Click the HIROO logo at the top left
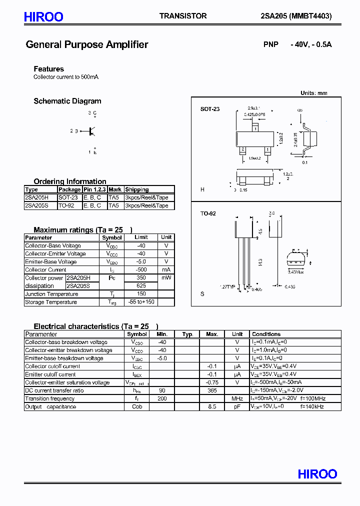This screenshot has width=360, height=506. pos(43,17)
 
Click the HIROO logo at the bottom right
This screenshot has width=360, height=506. pos(317,473)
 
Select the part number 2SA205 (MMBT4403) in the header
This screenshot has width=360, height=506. pos(296,16)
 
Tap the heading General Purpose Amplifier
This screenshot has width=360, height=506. pos(87,44)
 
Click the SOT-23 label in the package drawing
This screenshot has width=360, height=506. pos(210,109)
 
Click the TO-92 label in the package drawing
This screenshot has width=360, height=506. pos(208,213)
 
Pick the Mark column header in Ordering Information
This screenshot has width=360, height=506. pos(115,189)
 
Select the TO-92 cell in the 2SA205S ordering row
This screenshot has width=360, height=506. pos(67,205)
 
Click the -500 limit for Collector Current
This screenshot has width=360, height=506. pos(141,269)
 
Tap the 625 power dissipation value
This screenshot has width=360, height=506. pos(141,286)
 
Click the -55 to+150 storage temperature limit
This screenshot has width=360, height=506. pos(141,302)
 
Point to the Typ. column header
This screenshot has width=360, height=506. pos(187,334)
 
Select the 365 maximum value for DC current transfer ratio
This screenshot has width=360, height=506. pos(212,390)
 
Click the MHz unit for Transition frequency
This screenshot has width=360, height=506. pos(237,398)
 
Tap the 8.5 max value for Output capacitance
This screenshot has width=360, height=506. pos(212,406)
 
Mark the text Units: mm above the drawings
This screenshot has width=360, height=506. pos(313,93)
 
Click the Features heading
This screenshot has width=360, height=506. pos(49,69)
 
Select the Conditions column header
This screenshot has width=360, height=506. pos(266,334)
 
